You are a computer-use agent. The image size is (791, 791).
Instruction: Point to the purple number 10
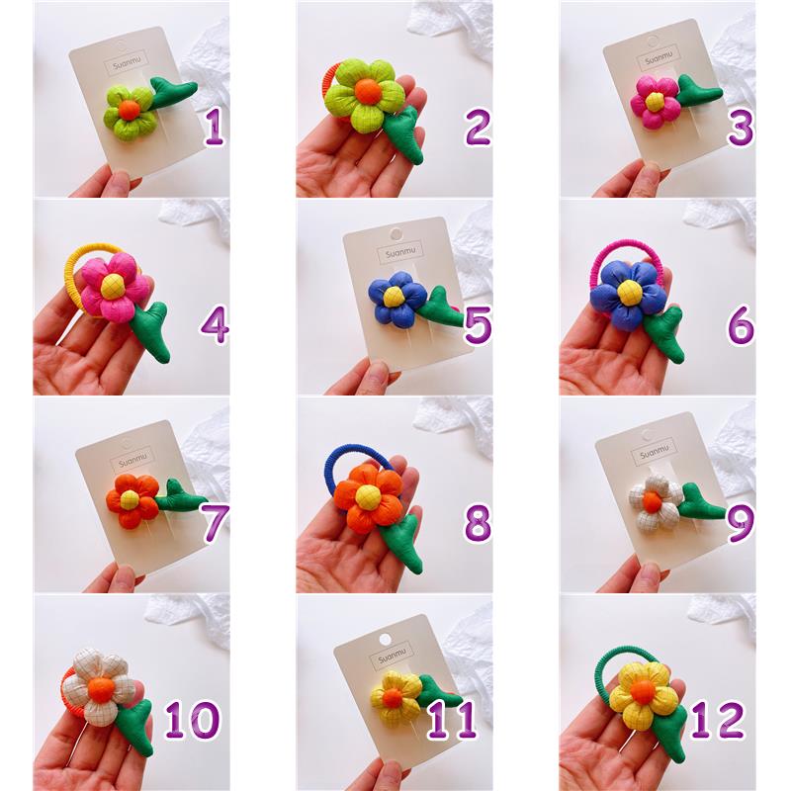(x=192, y=720)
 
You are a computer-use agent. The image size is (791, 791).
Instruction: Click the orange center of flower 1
(x=129, y=110)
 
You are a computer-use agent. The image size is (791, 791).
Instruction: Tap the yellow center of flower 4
(x=112, y=286)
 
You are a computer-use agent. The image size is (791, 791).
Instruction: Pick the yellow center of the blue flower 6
(x=629, y=292)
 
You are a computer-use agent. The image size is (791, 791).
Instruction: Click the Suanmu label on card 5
(x=400, y=252)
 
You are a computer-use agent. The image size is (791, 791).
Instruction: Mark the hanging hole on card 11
(x=385, y=640)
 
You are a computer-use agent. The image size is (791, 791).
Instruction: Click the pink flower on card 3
(x=655, y=102)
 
